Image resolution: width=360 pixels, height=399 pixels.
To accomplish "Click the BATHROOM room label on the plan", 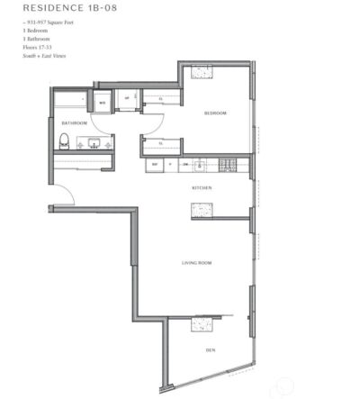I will [x=74, y=122].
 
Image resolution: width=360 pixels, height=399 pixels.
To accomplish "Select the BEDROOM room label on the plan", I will [x=214, y=113].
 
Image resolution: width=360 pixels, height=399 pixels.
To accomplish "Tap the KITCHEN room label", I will [x=202, y=188].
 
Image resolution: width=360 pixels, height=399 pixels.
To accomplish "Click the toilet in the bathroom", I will [x=64, y=141].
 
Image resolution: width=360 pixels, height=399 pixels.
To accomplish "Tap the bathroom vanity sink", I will [x=94, y=142].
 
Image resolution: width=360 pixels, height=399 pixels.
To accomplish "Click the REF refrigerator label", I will [x=155, y=166].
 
